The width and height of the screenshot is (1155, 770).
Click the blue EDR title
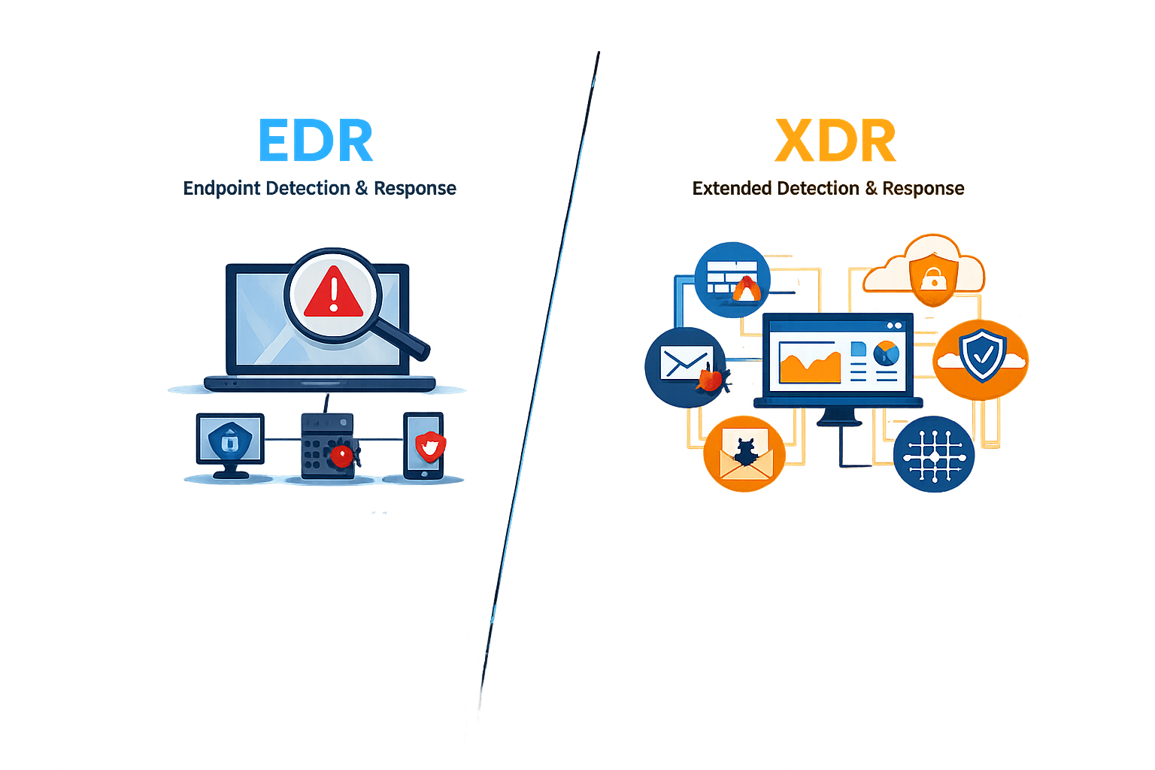pos(315,140)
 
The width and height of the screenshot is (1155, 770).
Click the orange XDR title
pos(835,141)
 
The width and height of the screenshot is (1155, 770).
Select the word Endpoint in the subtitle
pos(223,189)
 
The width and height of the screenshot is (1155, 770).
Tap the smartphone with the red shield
pos(424,446)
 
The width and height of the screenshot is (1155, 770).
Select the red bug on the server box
pos(342,455)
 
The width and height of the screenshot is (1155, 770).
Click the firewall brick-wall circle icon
pos(732,280)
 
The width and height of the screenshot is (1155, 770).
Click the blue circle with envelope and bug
pos(686,367)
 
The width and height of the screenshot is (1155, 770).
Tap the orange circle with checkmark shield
pos(981,359)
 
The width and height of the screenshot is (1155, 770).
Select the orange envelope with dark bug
pos(744,454)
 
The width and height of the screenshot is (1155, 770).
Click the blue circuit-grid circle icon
pos(934,454)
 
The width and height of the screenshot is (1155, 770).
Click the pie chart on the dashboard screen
pos(887,354)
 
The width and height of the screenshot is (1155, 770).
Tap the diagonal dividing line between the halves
pos(539,382)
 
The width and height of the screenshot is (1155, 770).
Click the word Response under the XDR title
pos(923,189)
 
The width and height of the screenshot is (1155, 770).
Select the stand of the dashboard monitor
pos(839,416)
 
